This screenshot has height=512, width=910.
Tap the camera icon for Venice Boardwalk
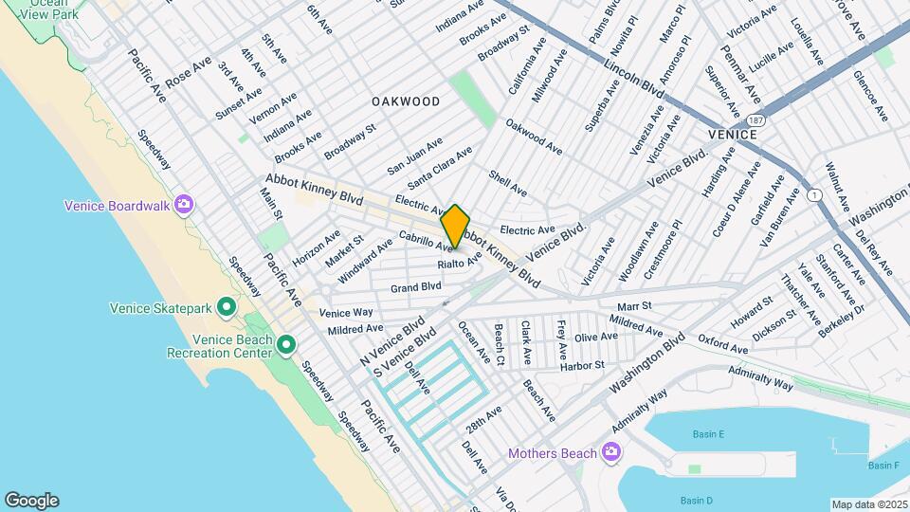[184, 206]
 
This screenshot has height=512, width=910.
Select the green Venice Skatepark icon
[227, 306]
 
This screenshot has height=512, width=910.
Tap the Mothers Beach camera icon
[611, 452]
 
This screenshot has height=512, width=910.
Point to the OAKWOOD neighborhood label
[406, 101]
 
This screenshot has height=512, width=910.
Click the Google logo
[31, 500]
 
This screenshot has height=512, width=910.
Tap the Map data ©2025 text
[868, 504]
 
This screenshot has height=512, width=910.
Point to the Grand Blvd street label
[416, 285]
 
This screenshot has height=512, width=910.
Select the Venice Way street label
[346, 313]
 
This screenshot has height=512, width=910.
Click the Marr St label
[635, 306]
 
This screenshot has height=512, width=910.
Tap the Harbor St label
[585, 365]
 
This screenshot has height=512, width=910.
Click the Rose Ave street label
[188, 73]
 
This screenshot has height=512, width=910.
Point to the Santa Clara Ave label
[440, 168]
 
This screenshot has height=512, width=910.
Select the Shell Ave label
[507, 183]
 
